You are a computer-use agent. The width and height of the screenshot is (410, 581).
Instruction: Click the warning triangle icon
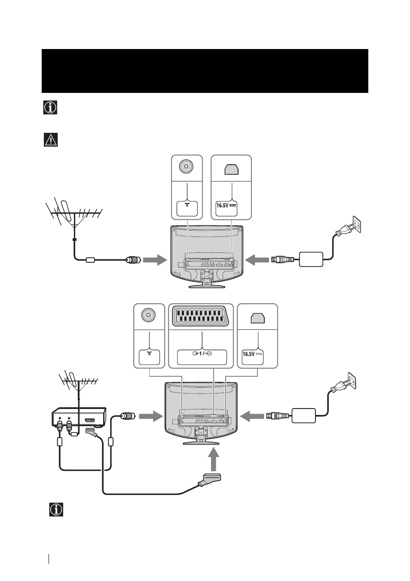point(51,140)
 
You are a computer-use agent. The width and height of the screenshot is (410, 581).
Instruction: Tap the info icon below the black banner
point(50,108)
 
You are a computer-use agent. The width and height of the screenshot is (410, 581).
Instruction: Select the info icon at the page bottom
point(56,510)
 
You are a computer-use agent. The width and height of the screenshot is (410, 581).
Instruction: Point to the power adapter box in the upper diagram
point(311,259)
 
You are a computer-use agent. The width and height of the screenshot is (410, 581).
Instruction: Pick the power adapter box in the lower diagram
point(303,416)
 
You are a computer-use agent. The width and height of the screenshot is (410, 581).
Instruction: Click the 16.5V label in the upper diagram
point(226,206)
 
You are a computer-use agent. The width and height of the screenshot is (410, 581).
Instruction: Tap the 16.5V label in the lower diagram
point(252,354)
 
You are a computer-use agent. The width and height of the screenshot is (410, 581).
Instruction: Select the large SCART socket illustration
point(201,317)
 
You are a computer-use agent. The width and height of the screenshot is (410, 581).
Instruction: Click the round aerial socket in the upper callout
point(187,166)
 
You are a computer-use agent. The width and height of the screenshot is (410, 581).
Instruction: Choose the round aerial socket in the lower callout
point(149,315)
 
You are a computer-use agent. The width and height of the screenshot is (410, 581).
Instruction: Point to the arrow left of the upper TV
point(155,260)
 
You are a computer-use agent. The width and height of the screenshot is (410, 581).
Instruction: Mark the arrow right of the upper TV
point(257,260)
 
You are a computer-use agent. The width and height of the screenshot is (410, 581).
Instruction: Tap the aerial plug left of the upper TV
point(134,259)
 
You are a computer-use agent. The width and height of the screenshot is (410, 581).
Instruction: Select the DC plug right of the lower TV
point(276,416)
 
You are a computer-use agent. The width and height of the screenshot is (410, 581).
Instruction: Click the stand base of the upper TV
point(207,286)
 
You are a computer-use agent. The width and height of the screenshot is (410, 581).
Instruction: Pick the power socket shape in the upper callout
point(232,169)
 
